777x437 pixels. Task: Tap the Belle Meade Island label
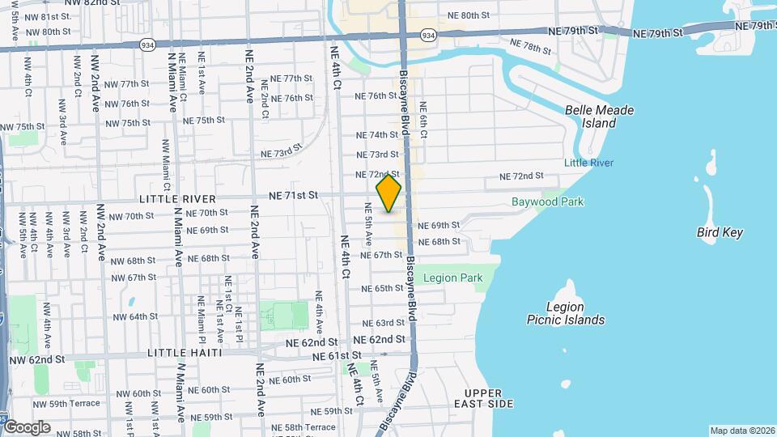tap(599, 117)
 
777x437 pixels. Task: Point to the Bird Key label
tap(720, 233)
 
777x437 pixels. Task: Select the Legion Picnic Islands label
tap(575, 313)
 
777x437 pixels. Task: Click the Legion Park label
tap(452, 278)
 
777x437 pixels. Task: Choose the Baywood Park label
tap(547, 202)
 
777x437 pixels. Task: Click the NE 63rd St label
tap(384, 323)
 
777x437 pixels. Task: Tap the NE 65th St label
tap(384, 288)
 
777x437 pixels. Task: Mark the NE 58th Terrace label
tap(304, 426)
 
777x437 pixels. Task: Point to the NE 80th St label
tap(469, 15)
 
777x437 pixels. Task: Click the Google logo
tap(26, 427)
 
